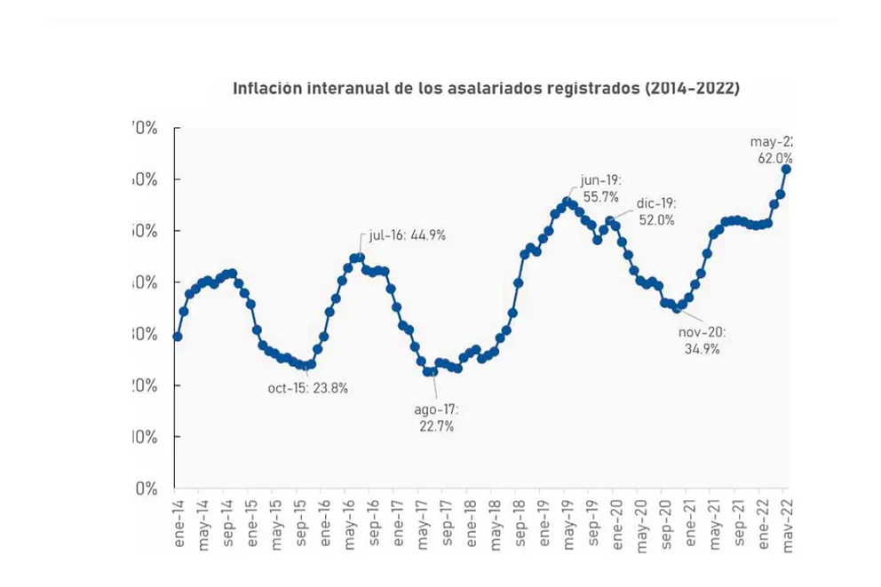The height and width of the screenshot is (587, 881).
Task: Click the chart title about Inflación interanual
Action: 486,89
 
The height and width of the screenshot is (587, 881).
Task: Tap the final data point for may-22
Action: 786,169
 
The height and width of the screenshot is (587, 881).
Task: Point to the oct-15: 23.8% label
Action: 307,388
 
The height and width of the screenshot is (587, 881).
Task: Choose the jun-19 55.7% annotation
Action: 599,188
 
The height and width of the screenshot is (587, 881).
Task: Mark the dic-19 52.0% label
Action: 656,212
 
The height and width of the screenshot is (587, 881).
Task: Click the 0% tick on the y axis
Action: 147,488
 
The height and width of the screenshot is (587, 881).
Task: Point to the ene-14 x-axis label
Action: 179,524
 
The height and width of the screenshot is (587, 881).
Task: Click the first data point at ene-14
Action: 178,337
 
